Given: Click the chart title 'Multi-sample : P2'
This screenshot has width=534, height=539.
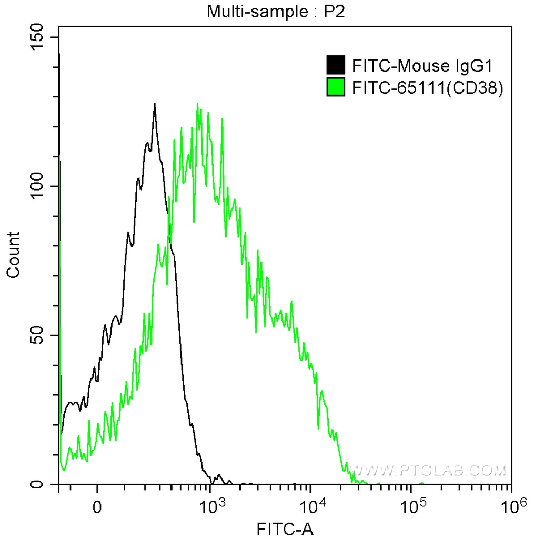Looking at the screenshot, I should (x=275, y=11).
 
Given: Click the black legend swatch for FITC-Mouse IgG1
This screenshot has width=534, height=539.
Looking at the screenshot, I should (x=336, y=65).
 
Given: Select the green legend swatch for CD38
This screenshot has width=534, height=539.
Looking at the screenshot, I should (x=336, y=87).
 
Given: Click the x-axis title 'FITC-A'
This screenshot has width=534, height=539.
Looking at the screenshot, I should (x=285, y=529).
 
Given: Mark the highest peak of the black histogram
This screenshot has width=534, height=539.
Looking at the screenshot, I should (x=155, y=104).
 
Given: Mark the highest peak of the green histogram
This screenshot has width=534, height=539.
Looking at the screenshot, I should (x=197, y=104).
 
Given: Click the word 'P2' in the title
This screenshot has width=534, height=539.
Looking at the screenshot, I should (x=334, y=11).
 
